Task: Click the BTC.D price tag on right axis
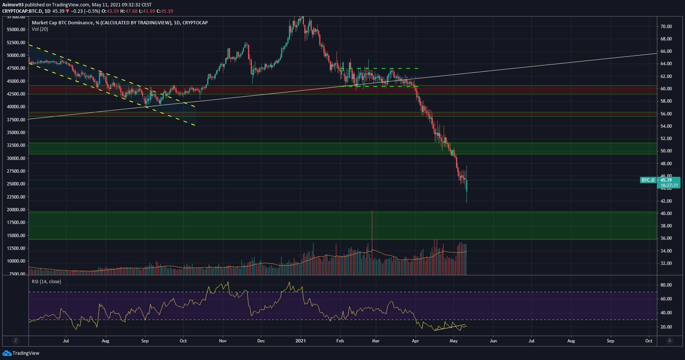648,180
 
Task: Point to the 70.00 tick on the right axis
666,27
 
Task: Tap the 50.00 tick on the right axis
666,151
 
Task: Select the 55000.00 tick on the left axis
16,30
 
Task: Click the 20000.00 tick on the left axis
16,210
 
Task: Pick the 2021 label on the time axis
301,341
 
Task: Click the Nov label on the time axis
223,341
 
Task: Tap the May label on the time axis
454,341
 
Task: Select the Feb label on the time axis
340,341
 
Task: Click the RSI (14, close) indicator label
46,282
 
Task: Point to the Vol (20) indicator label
40,29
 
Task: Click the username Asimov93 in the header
13,5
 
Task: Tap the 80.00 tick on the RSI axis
666,285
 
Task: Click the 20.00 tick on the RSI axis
666,327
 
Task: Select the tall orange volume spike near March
372,232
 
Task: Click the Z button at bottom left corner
15,341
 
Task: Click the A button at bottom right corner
670,341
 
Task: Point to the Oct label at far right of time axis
649,341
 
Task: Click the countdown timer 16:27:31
669,185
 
